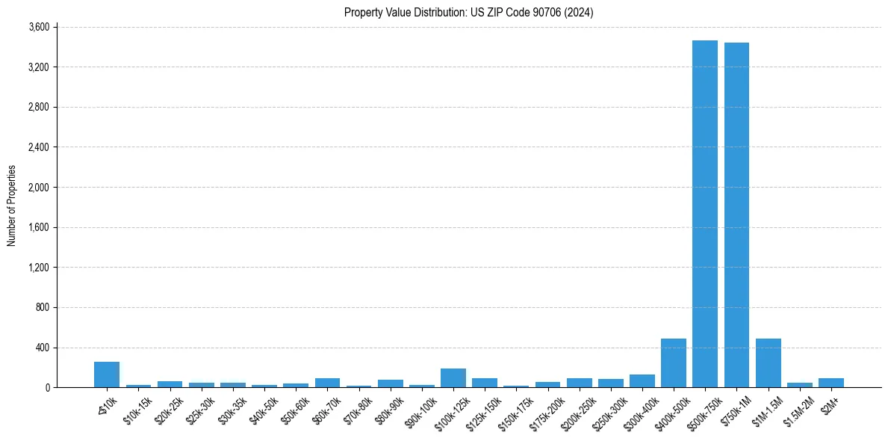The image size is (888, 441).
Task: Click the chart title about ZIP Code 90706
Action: point(468,12)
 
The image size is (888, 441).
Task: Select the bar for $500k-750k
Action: point(704,214)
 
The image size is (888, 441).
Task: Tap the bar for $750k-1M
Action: point(736,215)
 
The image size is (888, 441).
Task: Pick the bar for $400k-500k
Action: point(673,363)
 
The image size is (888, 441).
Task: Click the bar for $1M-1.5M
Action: point(768,363)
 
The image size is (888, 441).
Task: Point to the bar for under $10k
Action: point(107,374)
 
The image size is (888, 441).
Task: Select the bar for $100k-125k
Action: point(453,378)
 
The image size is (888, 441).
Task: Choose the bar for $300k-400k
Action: point(642,381)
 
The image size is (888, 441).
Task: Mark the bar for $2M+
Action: point(830,383)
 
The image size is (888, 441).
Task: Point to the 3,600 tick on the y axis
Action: point(38,27)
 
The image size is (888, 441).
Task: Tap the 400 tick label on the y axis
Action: point(42,348)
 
